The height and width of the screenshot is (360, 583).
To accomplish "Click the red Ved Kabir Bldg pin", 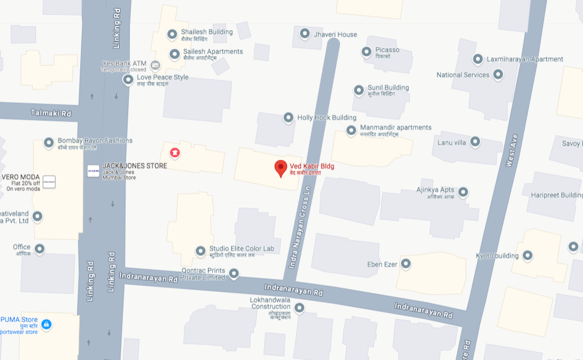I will point(281,168).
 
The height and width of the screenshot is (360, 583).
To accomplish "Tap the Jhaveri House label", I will point(335,34).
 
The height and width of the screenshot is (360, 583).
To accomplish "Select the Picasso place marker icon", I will point(366,52).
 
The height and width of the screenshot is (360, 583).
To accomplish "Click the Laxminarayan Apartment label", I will point(525,59).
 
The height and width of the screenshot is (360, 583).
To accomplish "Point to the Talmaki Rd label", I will point(51,113).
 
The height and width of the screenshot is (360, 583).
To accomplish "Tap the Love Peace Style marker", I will point(128,80).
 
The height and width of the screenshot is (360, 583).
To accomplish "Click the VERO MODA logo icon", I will point(49,182).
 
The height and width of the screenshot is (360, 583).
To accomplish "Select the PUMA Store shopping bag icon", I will point(46,325).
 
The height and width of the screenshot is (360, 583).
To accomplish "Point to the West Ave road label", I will point(511,151).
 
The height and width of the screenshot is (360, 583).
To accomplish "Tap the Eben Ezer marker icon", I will point(406,264).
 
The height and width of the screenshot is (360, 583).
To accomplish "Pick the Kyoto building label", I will point(497,255).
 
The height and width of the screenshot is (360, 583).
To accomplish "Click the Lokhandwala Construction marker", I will point(299,308).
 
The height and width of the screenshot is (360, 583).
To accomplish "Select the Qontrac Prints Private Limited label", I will point(203,274).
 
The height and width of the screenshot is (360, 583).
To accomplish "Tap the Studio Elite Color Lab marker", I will point(201,251).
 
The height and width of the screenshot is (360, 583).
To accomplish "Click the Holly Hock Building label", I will point(326,117).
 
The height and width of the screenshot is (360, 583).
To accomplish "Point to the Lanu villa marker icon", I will point(475,142).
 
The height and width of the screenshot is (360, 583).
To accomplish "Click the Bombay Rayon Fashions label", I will point(95,141).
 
